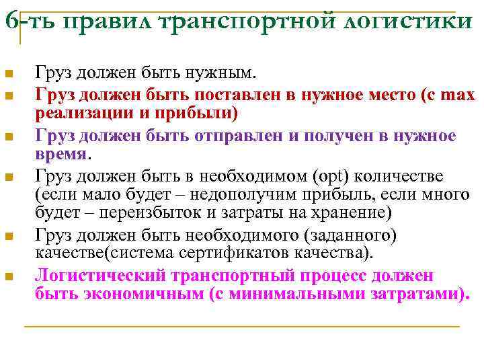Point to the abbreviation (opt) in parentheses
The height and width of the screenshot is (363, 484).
[329, 176]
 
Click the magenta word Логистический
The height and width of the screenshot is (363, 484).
[101, 276]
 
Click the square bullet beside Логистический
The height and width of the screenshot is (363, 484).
[7, 276]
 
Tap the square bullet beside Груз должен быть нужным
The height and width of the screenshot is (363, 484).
[7, 73]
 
